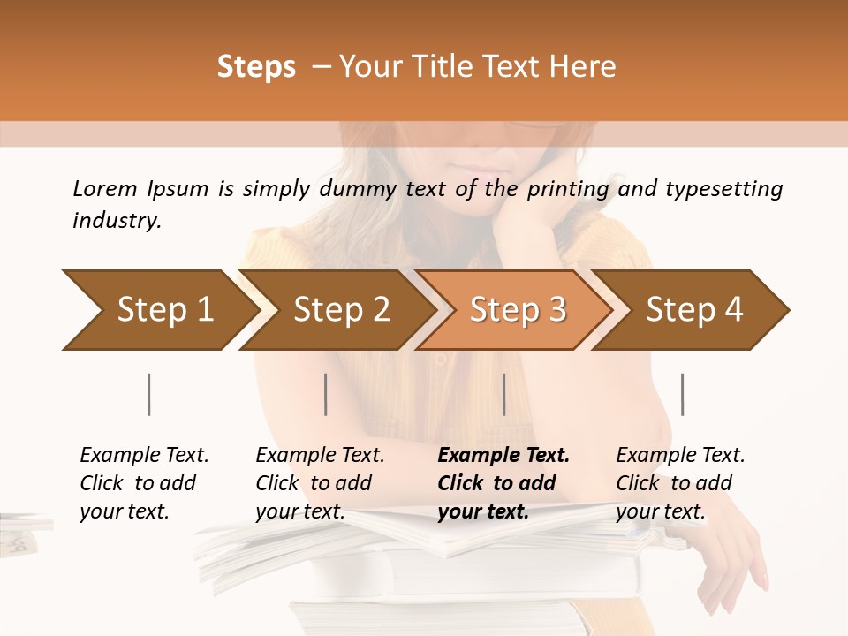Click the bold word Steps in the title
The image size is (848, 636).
point(256,67)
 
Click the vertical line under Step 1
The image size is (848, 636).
point(149,394)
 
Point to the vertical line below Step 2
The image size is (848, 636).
point(326,394)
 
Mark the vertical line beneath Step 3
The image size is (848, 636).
point(504,394)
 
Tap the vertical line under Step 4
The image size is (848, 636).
point(682,394)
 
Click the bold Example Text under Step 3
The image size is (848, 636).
point(503,455)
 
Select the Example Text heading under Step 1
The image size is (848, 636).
point(144,455)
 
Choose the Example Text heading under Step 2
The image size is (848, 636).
point(320,455)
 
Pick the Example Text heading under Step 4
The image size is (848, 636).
point(680,455)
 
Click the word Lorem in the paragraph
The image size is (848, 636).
point(105,188)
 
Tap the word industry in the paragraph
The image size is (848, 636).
point(117,221)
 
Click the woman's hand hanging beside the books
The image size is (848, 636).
point(732,565)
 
